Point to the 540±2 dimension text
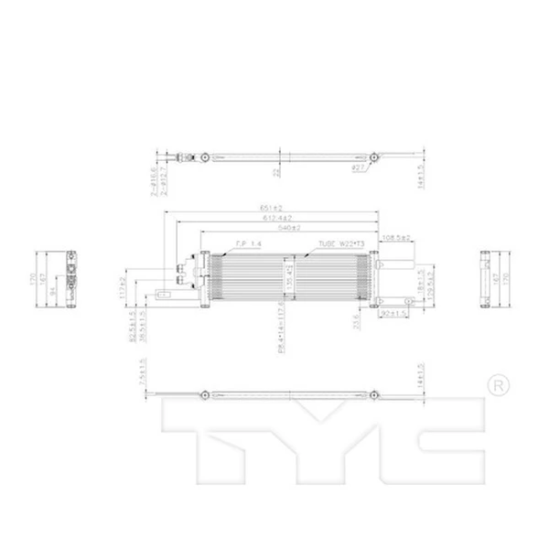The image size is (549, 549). pyautogui.click(x=289, y=227)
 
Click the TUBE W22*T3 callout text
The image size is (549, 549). pyautogui.click(x=340, y=244)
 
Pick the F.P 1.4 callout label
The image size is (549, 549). pyautogui.click(x=248, y=244)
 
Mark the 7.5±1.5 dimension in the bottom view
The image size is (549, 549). pyautogui.click(x=143, y=373)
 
